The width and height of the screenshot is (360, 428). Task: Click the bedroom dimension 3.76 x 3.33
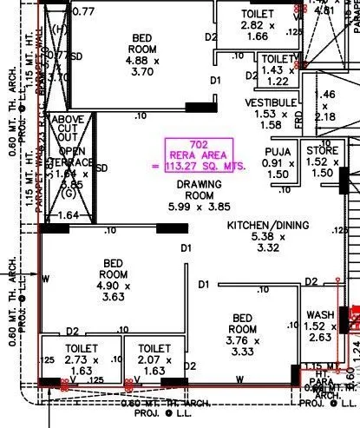click(240, 346)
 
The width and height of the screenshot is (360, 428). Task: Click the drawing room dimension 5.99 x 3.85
click(199, 207)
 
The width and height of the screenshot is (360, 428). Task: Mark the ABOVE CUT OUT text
click(68, 128)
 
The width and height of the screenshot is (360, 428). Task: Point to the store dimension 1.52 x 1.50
click(322, 168)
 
